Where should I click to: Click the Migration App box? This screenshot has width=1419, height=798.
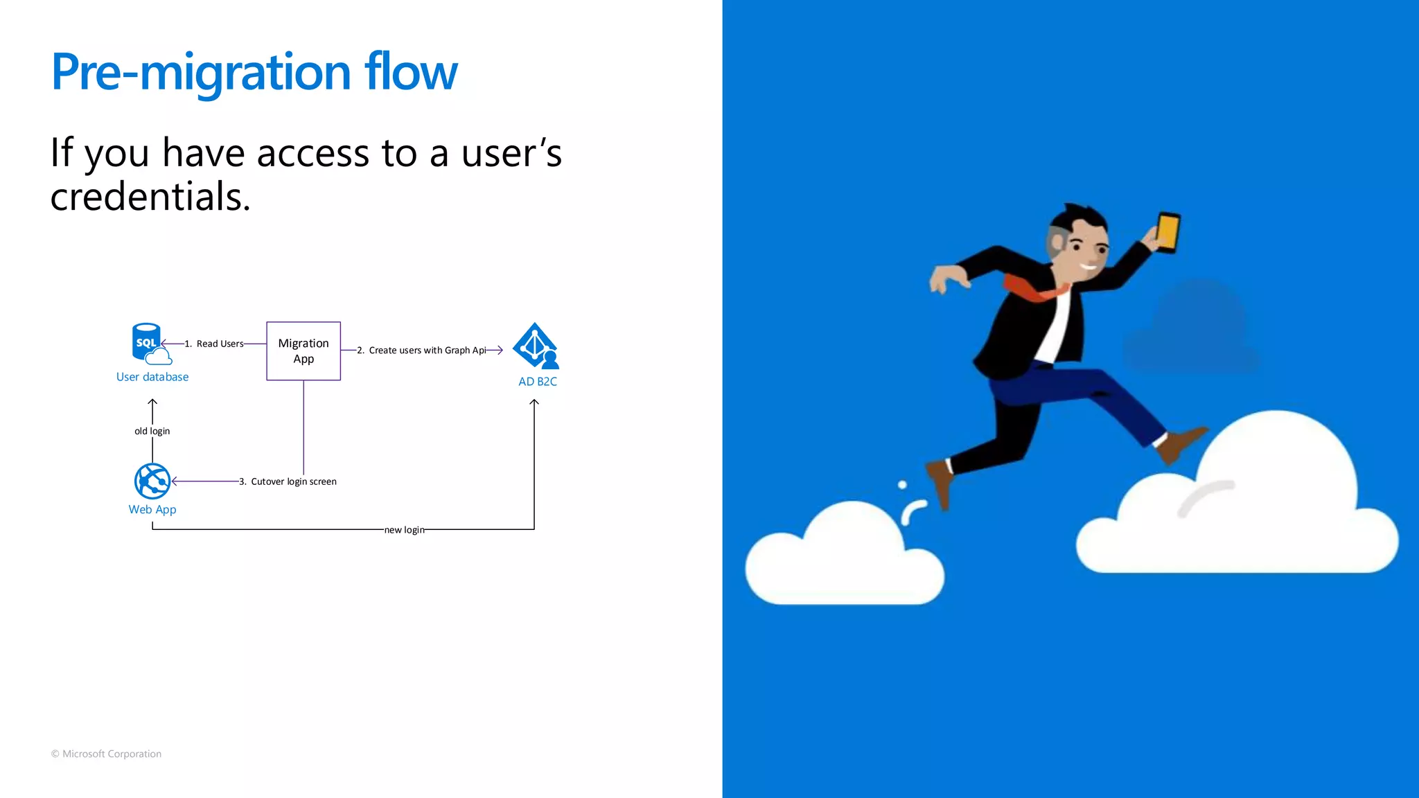303,351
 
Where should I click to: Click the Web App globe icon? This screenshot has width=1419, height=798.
152,481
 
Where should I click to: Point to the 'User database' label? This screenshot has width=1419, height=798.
152,377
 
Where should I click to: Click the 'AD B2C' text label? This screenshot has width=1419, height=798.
538,382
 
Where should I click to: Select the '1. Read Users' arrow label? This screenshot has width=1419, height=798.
214,344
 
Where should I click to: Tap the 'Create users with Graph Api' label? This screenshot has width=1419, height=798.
427,351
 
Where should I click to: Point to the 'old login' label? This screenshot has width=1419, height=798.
152,431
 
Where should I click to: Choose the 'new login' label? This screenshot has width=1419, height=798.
405,530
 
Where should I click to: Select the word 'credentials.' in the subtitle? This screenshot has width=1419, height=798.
150,197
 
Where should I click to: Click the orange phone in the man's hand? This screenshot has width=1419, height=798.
1167,233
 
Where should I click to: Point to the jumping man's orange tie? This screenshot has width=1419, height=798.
1032,290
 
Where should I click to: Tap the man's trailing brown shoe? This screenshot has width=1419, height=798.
941,481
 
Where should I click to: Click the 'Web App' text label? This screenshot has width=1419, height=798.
152,510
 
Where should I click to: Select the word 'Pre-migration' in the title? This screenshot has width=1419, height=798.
201,72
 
